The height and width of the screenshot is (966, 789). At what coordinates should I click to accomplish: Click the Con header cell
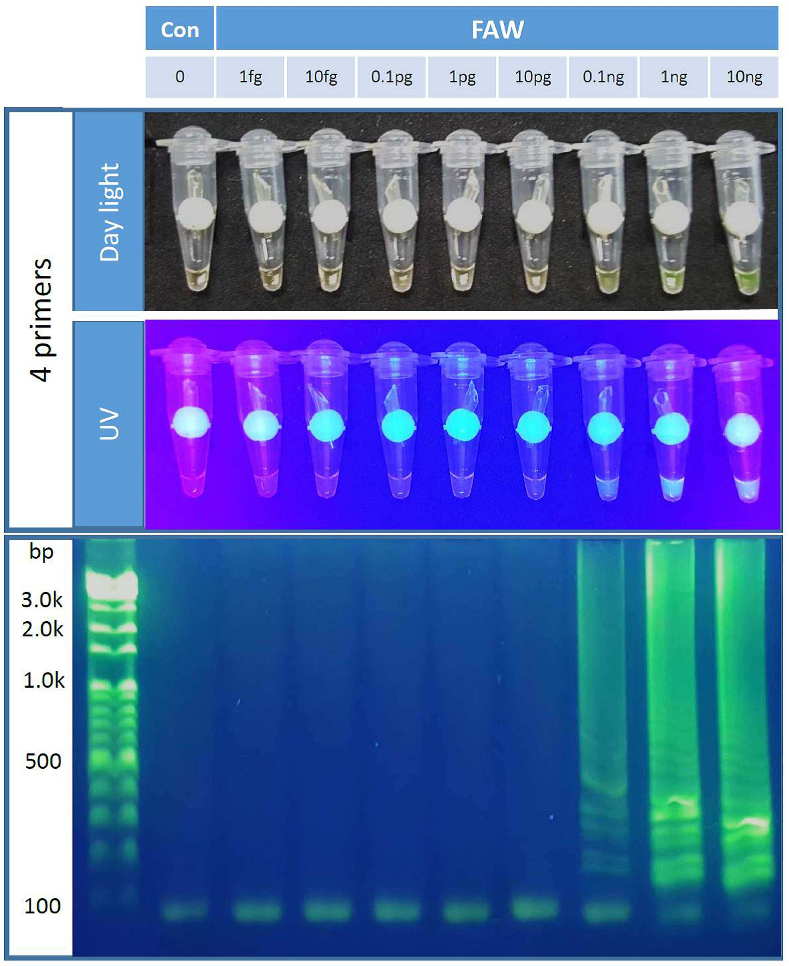(180, 28)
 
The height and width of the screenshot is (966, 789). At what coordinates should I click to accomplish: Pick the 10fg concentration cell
(321, 77)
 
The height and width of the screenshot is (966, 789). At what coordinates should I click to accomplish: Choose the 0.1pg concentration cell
(391, 77)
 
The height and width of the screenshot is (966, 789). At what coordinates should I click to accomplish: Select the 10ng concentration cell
(744, 77)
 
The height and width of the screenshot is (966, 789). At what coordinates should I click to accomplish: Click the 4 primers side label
(41, 320)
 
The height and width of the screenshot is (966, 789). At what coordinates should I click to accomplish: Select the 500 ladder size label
(43, 761)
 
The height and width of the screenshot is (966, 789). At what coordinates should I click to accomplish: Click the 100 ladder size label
(42, 906)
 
